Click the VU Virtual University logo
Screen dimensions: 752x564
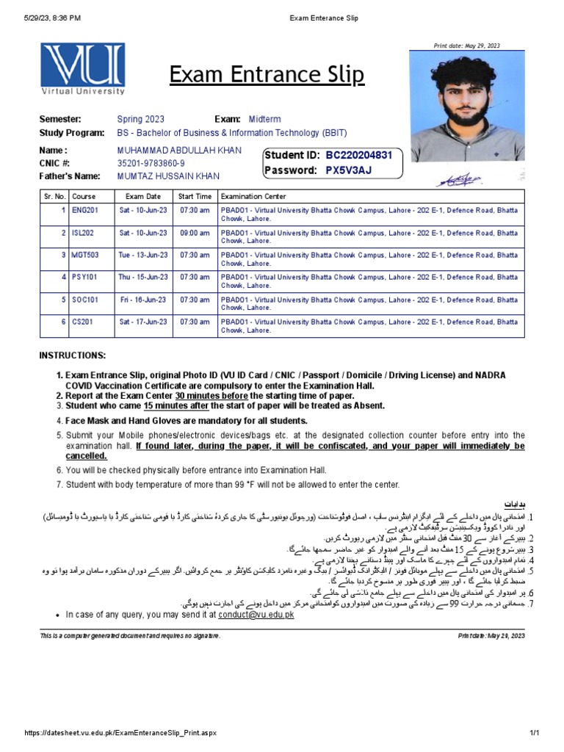(x=82, y=71)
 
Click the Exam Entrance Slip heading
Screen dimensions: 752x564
(x=267, y=75)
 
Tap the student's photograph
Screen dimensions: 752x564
(x=467, y=106)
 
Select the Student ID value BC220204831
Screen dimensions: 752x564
(x=359, y=156)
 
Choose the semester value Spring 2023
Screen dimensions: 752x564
(x=140, y=119)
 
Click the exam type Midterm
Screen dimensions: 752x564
(x=264, y=119)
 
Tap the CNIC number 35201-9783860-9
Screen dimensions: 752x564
(x=151, y=163)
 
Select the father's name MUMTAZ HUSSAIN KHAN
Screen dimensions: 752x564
(x=168, y=176)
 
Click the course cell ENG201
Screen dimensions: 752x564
(x=84, y=210)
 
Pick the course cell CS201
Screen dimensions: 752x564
(x=82, y=322)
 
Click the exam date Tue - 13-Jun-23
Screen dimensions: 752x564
(x=143, y=255)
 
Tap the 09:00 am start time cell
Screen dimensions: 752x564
(x=195, y=233)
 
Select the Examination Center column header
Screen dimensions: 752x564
(x=253, y=197)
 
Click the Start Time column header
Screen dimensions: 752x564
(x=195, y=197)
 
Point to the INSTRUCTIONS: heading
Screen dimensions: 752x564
(x=72, y=355)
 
